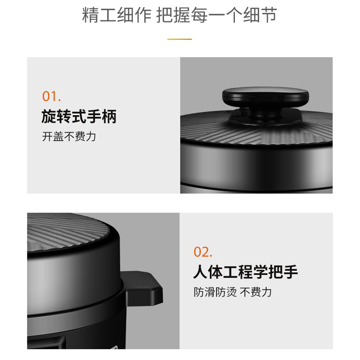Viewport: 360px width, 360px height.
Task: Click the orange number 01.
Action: tap(51, 96)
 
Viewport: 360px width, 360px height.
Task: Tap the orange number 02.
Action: tap(203, 252)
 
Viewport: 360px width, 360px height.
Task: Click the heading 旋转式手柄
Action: tap(79, 117)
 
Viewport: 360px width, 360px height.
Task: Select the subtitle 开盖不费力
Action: tap(69, 137)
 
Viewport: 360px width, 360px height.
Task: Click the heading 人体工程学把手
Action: tap(246, 272)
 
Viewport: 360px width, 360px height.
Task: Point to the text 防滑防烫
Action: tap(215, 292)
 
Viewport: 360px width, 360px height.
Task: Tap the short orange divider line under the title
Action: tap(180, 39)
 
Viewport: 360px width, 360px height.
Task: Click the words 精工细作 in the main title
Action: tap(117, 15)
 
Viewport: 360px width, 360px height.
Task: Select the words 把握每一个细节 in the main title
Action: tap(216, 15)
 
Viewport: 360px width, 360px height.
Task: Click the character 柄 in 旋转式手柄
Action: tap(109, 117)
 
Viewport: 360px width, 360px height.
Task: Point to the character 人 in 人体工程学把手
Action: tap(200, 272)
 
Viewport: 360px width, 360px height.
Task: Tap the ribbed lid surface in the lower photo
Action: tap(69, 232)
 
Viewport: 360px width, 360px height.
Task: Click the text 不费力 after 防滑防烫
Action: tap(256, 292)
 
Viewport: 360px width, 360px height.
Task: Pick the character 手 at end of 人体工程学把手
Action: tap(291, 272)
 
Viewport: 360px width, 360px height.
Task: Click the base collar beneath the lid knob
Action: tap(265, 117)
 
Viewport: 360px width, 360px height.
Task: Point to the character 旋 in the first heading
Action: tap(49, 117)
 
